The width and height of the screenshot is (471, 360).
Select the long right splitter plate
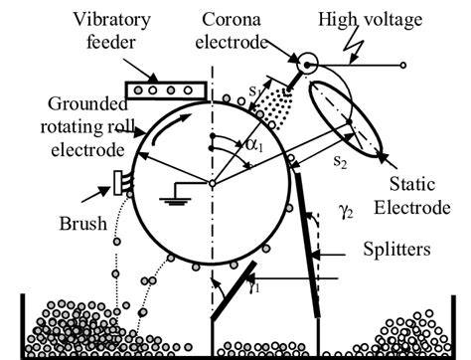(x=306, y=251)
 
